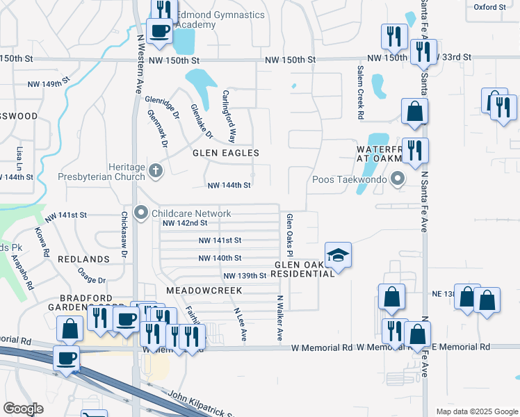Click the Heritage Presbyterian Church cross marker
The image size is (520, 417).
[156, 170]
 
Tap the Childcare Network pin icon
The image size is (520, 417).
[141, 213]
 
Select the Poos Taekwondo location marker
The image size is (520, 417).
[398, 180]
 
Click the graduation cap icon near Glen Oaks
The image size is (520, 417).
[338, 255]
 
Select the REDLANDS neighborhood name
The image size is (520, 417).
[84, 259]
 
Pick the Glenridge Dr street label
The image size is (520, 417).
[162, 108]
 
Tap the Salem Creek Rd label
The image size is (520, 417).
[360, 93]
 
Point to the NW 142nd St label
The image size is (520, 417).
[185, 223]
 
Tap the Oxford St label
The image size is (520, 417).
[490, 7]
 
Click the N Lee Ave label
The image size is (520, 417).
[241, 325]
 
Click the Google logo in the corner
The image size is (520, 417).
[23, 409]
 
